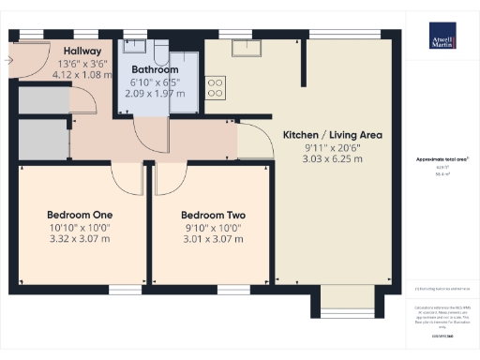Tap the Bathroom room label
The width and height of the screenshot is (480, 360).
click(x=155, y=69)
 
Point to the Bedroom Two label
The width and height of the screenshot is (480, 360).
click(x=212, y=213)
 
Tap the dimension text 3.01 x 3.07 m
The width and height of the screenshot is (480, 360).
click(x=212, y=238)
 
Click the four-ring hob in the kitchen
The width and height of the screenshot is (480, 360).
click(x=215, y=87)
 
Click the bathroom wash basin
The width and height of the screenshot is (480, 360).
click(x=137, y=47)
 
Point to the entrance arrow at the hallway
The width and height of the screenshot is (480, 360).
click(x=9, y=61)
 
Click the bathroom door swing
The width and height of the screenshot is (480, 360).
click(x=150, y=136)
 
